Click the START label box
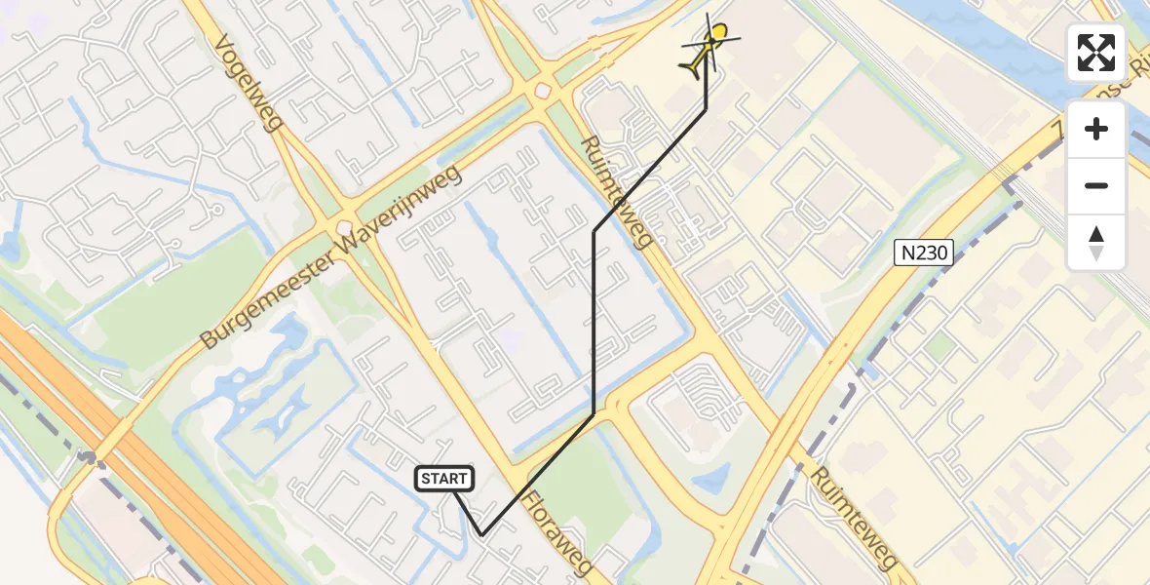(x=445, y=479)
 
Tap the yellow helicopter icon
(x=708, y=47)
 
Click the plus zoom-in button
(x=1096, y=129)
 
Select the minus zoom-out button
(x=1096, y=185)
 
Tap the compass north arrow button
(x=1096, y=242)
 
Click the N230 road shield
(x=924, y=253)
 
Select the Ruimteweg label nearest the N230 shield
(x=615, y=191)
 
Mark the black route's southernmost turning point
(x=481, y=534)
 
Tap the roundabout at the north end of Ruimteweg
(x=542, y=91)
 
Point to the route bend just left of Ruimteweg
(x=594, y=231)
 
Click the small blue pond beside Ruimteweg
(x=710, y=477)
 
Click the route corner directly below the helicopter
(x=707, y=109)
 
